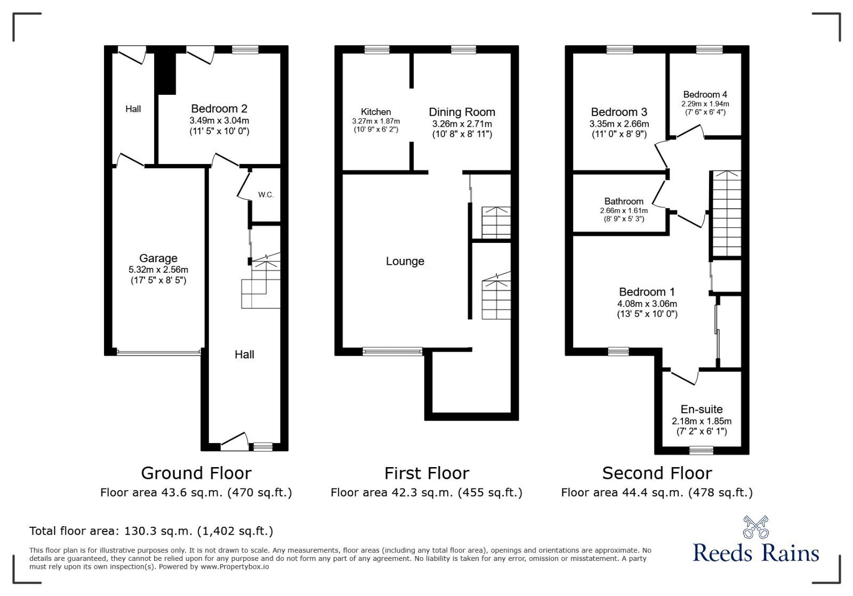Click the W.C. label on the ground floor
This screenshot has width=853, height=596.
coord(266,195)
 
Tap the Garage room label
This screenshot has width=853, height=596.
coord(158,258)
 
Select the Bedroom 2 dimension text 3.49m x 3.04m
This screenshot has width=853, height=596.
coord(219,120)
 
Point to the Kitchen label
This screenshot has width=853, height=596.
coord(376,112)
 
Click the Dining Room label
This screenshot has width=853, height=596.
coord(462,112)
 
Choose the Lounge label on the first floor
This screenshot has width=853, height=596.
coord(405,262)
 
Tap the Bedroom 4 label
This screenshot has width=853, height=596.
coord(705,94)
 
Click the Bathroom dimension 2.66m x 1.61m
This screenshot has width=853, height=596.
coord(624,211)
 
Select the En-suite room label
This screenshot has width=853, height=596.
coord(702,409)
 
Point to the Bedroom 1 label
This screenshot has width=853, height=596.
coord(647,292)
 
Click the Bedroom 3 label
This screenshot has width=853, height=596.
coord(619,112)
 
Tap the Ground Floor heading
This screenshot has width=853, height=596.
coord(197,473)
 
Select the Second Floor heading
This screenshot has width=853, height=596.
coord(657,473)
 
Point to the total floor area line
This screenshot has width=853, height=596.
coord(151,530)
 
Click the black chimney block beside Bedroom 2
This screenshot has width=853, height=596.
coord(165,73)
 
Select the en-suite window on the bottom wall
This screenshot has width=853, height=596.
coord(702,451)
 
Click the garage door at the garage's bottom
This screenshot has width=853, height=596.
coord(159,353)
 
